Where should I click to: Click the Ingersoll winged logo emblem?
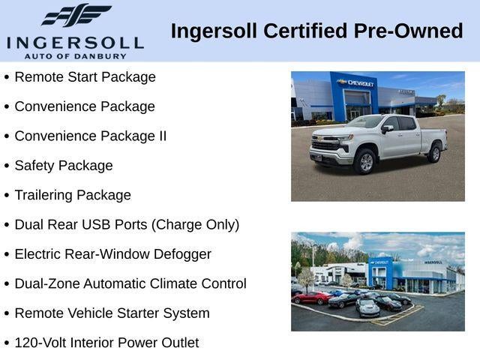(x=76, y=15)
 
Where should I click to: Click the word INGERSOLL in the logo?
(x=75, y=42)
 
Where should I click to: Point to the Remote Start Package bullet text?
(x=85, y=77)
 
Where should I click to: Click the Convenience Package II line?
(x=90, y=136)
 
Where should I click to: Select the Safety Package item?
(x=63, y=166)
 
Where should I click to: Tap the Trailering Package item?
(x=72, y=195)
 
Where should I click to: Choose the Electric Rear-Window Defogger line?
(x=112, y=254)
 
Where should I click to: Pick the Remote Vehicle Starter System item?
(x=112, y=313)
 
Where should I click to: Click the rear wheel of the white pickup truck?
(x=434, y=153)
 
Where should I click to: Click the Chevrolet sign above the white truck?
(x=355, y=82)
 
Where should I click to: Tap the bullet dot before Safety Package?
(x=7, y=166)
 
